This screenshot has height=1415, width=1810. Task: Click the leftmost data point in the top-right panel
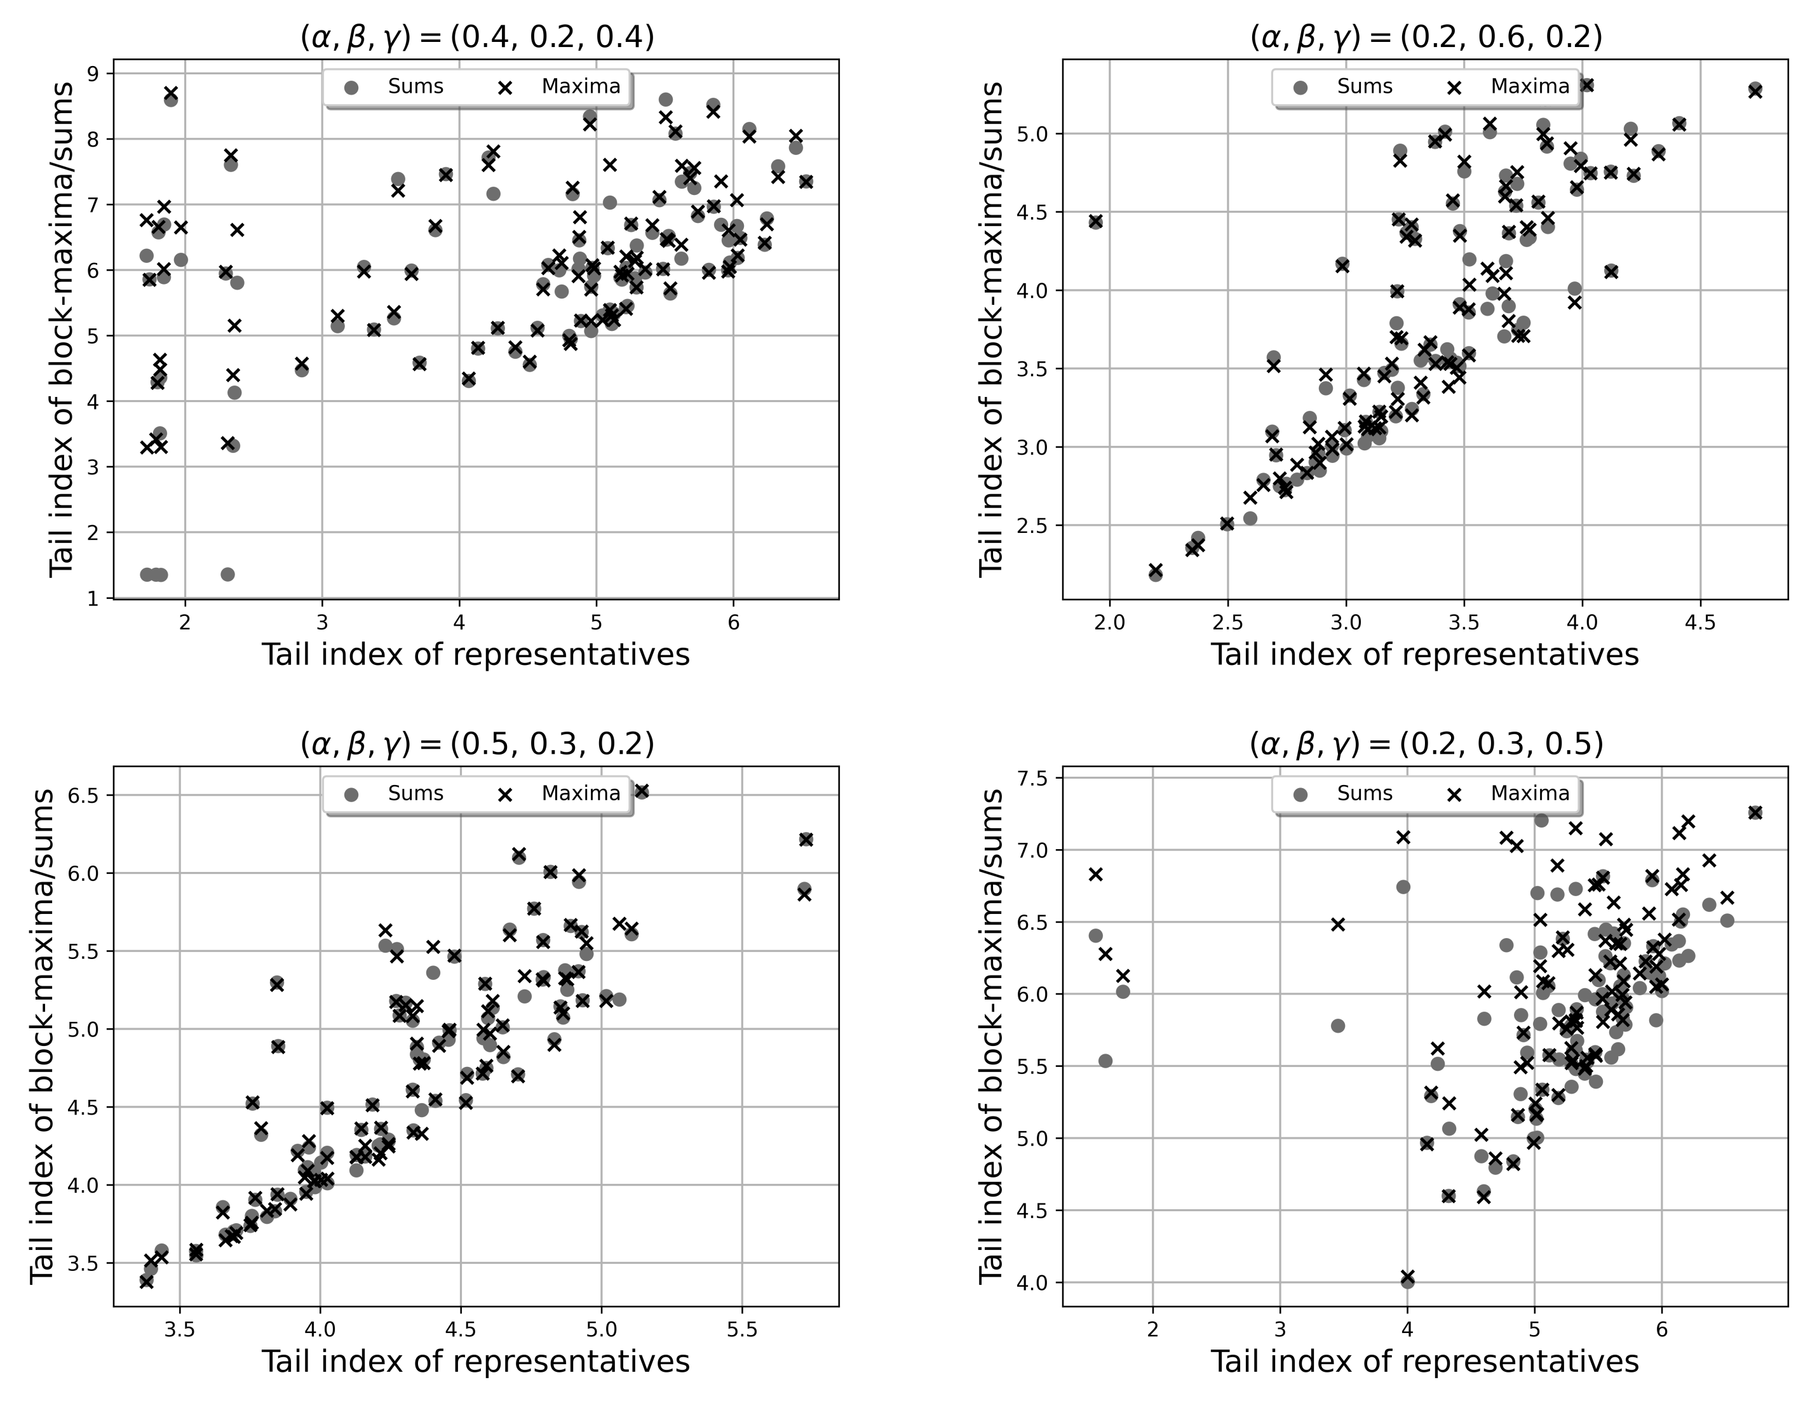[x=1096, y=221]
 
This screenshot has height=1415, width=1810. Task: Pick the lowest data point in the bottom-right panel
[x=1407, y=1280]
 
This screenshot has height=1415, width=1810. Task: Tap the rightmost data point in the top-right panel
[x=1755, y=90]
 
